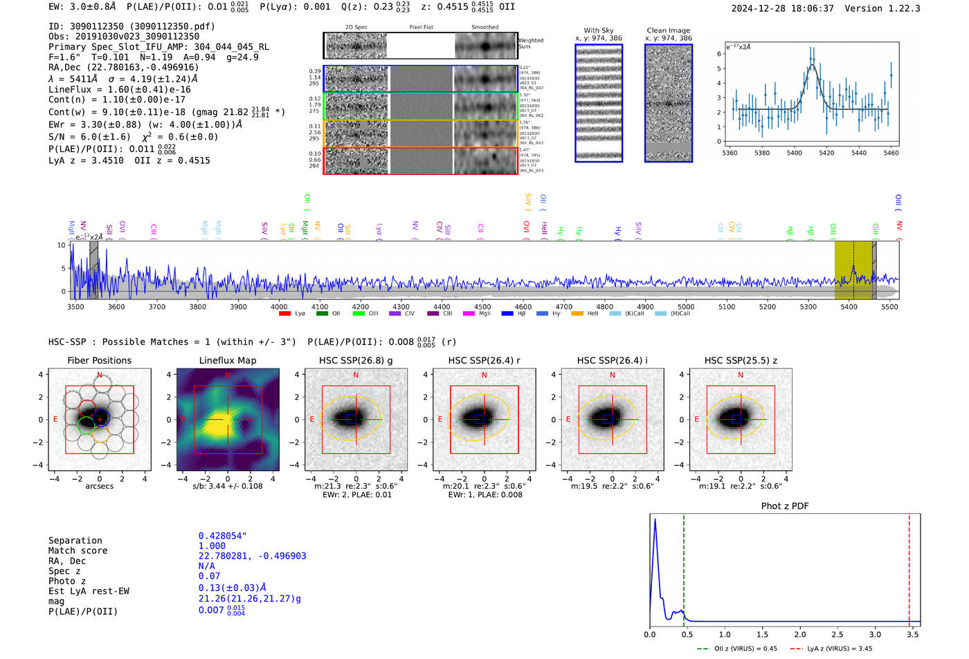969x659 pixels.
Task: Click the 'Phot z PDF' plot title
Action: [784, 505]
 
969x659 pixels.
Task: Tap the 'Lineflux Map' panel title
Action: [227, 360]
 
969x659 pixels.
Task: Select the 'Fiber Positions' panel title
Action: [99, 360]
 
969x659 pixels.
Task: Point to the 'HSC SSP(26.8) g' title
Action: [356, 360]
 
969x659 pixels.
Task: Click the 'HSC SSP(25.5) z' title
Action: [741, 360]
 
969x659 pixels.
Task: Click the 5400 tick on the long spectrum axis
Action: [849, 306]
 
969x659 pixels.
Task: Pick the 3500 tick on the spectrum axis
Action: [75, 306]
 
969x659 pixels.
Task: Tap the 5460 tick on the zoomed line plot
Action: [891, 153]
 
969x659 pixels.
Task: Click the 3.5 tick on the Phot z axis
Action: [913, 634]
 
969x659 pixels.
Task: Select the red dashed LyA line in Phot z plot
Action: [909, 567]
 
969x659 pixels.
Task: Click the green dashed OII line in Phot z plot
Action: [683, 567]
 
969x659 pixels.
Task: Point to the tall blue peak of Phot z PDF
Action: [655, 520]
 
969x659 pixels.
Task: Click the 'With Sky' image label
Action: [598, 30]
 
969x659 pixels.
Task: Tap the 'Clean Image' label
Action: [668, 30]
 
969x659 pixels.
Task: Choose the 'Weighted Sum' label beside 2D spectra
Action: [530, 44]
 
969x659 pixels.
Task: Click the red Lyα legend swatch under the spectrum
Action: [284, 314]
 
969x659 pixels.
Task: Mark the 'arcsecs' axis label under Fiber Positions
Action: [99, 486]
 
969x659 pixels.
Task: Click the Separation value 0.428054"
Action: [222, 536]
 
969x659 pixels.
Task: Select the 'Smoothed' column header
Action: [484, 28]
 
